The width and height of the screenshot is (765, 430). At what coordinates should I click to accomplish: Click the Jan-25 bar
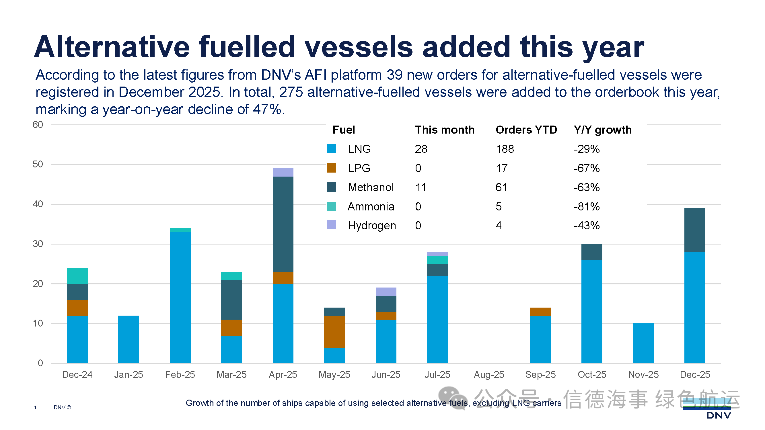tap(128, 339)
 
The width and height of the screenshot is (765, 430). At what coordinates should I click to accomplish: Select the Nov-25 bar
tap(643, 343)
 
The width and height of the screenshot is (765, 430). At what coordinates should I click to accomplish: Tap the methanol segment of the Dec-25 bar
tap(695, 230)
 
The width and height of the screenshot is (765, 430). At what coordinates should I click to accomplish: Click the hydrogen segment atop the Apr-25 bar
tap(283, 172)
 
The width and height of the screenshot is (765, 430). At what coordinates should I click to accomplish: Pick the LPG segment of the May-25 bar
tap(334, 331)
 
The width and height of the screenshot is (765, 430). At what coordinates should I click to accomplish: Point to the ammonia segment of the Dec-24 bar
tap(77, 276)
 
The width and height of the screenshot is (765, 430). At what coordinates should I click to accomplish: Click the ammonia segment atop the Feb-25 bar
tap(180, 230)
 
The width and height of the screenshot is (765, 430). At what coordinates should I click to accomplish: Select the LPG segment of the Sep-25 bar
tap(540, 312)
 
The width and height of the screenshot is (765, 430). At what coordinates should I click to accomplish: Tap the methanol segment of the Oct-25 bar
tap(591, 252)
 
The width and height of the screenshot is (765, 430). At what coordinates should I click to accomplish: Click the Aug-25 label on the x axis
tap(489, 374)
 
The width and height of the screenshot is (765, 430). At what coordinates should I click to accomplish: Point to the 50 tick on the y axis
tap(38, 164)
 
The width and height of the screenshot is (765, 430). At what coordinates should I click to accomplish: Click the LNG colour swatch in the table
tap(331, 148)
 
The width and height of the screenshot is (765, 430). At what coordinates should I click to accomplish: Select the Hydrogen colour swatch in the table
tap(331, 225)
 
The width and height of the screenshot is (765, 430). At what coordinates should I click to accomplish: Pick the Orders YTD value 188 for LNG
tap(505, 149)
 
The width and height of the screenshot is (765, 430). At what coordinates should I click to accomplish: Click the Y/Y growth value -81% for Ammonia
tap(587, 206)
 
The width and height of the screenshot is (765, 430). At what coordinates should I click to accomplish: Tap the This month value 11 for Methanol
tap(421, 187)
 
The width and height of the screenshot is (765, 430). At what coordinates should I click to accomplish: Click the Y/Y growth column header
tap(603, 130)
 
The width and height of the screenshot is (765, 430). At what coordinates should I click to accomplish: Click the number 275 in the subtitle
tap(291, 92)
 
